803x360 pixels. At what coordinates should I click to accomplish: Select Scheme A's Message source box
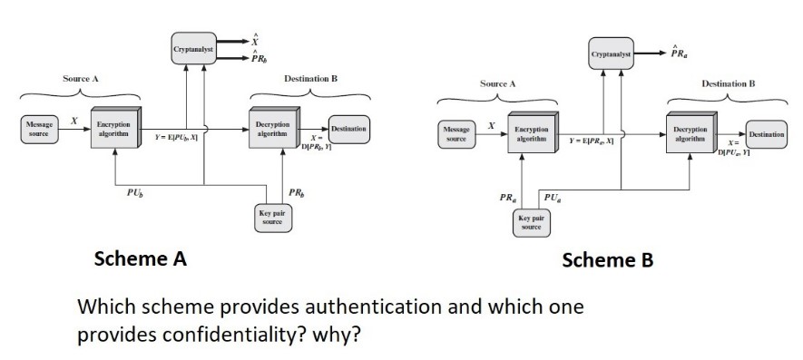coord(39,127)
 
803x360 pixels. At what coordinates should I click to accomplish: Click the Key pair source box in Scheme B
coord(531,222)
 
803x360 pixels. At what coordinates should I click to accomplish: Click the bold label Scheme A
coord(141,258)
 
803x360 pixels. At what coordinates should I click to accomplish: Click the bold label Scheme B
coord(607,260)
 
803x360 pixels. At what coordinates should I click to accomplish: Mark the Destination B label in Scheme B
coord(728,83)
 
